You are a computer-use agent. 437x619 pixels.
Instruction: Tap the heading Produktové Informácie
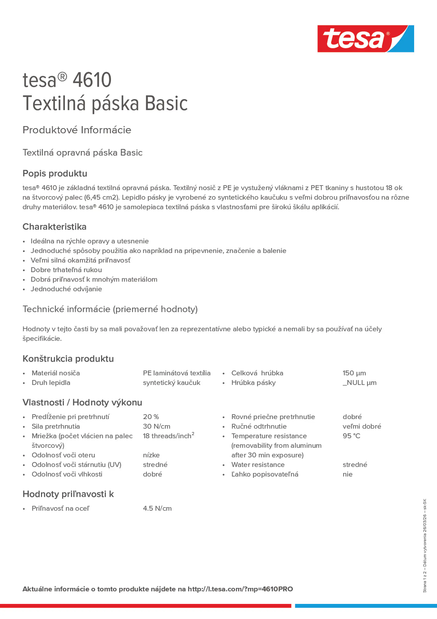[x=77, y=130]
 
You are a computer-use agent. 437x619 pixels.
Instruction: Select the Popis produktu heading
[x=55, y=173]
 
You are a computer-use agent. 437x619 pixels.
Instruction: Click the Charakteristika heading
[x=54, y=227]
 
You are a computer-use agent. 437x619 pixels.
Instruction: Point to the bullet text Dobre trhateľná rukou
[x=66, y=270]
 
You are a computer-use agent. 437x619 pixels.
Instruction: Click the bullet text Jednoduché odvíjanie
[x=66, y=289]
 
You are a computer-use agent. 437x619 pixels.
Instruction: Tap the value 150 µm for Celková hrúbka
[x=354, y=373]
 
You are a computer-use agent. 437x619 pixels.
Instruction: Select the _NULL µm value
[x=359, y=383]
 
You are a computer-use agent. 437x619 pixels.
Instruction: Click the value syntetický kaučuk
[x=171, y=383]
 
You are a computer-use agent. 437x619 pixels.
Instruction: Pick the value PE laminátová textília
[x=176, y=373]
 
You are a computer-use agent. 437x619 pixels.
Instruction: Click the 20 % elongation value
[x=151, y=417]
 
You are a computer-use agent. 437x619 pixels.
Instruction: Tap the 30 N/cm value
[x=156, y=426]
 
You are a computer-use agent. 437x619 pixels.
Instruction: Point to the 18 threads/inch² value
[x=168, y=436]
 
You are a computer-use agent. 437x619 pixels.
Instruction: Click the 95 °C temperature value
[x=351, y=436]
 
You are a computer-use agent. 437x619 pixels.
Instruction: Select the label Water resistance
[x=258, y=465]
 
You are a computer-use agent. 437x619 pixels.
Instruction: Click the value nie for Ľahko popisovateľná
[x=347, y=474]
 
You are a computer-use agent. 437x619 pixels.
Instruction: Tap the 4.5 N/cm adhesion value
[x=157, y=508]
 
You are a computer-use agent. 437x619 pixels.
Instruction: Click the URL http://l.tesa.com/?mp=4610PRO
[x=240, y=589]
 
